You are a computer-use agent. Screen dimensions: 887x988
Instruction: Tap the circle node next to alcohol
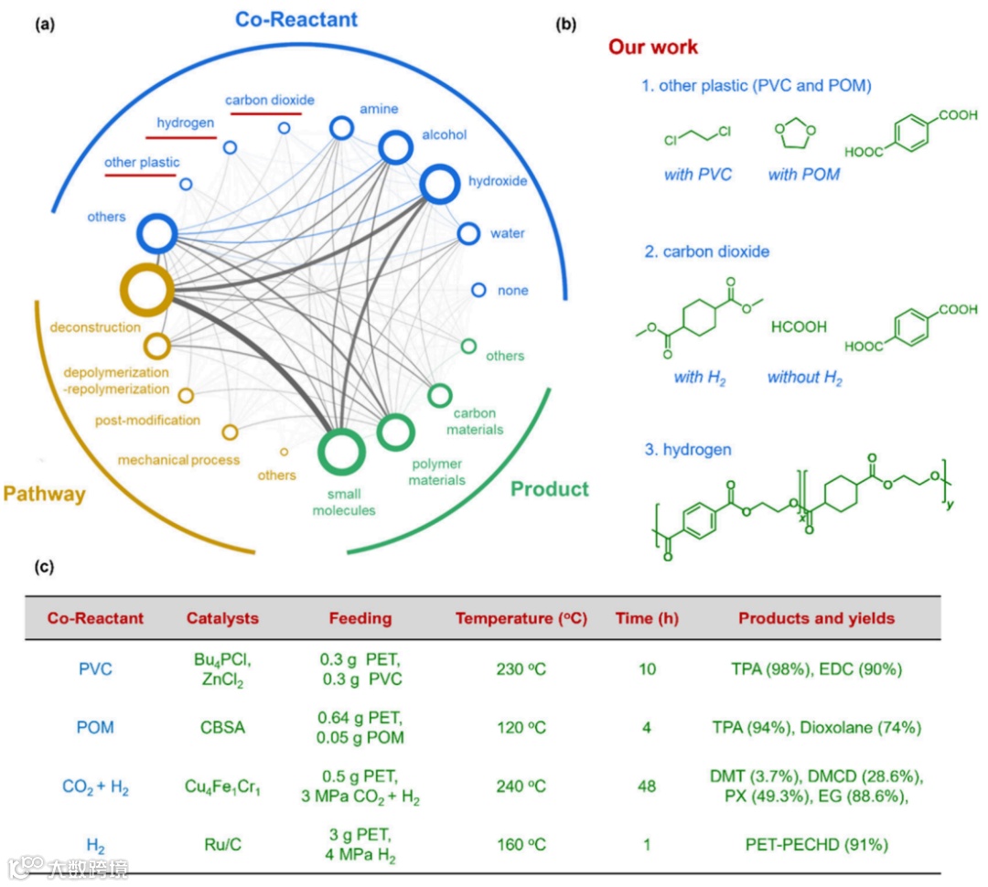coord(396,146)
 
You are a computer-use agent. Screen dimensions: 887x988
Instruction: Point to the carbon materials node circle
coord(440,396)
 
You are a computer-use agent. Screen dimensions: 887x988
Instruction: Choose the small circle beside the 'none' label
coord(478,290)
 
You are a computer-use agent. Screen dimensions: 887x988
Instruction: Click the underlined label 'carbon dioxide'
coord(270,100)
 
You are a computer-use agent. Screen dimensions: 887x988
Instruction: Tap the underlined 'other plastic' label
coord(142,162)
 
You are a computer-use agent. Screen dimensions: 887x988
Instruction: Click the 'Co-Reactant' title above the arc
coord(296,18)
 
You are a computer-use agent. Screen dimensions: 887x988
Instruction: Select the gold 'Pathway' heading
coord(44,495)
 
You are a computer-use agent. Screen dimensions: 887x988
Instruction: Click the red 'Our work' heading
coord(653,47)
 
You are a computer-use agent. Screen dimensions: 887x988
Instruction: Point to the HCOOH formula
coord(799,326)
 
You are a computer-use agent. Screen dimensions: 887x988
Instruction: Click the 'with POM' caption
coord(803,175)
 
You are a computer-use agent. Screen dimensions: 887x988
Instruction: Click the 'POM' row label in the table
coord(95,727)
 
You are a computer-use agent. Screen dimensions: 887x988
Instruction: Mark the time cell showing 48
coord(647,786)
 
